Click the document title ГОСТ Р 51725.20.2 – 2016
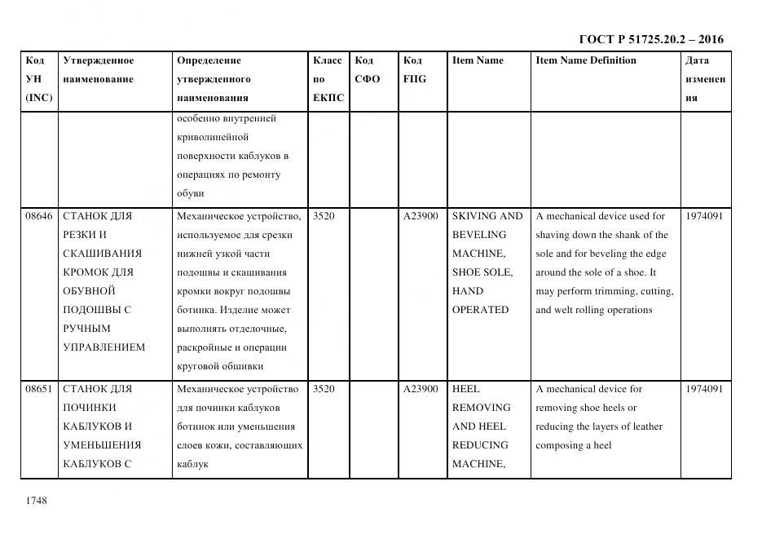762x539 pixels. tap(650, 39)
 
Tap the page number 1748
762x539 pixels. tap(36, 500)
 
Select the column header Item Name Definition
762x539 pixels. tap(586, 60)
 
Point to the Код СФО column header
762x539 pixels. tap(368, 70)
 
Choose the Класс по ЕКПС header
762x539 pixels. tap(328, 79)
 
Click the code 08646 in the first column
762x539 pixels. tap(38, 216)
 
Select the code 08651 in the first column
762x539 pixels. tap(38, 389)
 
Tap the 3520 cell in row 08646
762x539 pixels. tap(324, 216)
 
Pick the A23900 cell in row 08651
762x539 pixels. tap(421, 389)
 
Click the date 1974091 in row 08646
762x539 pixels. tap(706, 216)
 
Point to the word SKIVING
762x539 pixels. tap(474, 216)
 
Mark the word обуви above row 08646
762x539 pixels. tap(190, 193)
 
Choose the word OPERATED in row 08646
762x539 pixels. tap(480, 310)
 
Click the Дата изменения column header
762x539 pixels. tap(705, 79)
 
